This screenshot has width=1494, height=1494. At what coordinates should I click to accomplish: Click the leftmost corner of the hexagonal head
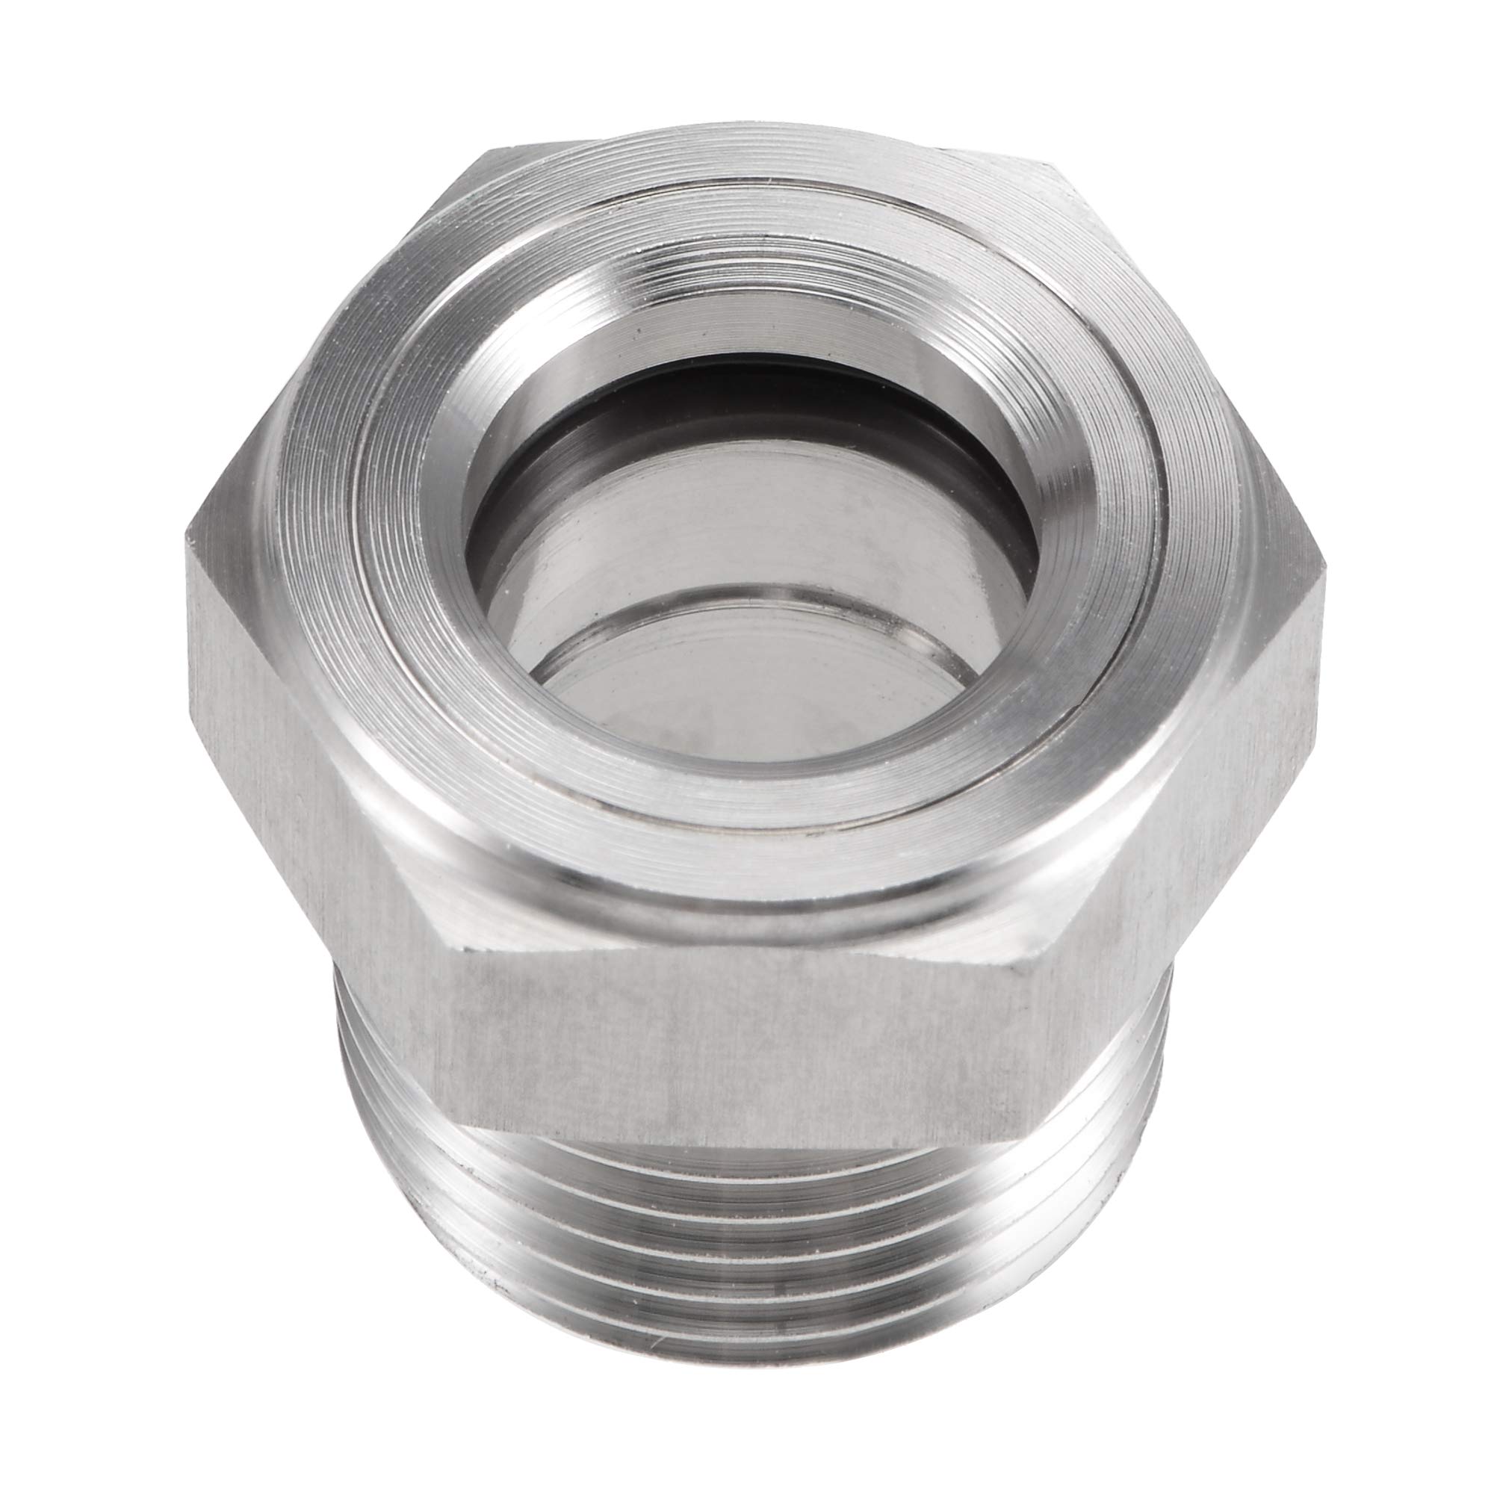pyautogui.click(x=188, y=533)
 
